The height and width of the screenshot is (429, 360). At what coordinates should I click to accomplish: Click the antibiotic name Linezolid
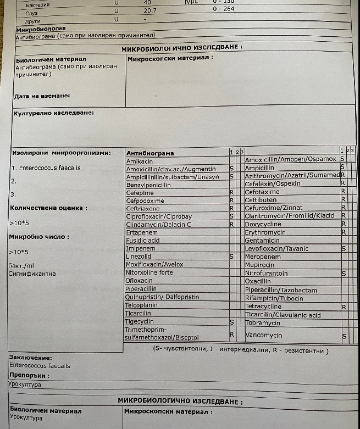click(x=139, y=257)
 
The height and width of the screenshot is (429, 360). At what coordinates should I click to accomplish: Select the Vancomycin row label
click(x=263, y=335)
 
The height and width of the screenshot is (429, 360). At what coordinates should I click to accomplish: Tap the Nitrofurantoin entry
click(x=267, y=273)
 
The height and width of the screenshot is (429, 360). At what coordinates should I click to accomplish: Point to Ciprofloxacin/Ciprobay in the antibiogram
click(x=159, y=216)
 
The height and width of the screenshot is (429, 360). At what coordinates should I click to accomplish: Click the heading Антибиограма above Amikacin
click(x=150, y=153)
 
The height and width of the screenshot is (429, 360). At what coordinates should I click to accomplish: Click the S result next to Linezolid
click(x=231, y=257)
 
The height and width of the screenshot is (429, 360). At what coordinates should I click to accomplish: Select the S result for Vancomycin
click(x=344, y=336)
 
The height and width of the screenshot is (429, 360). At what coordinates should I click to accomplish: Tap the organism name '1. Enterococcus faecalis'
click(x=46, y=168)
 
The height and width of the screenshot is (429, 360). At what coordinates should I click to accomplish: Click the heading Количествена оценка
click(x=48, y=208)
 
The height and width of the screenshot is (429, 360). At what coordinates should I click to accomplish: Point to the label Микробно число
click(x=39, y=237)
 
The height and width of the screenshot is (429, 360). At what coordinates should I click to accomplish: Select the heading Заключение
click(x=31, y=358)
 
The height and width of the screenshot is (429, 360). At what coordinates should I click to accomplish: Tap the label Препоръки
click(x=29, y=375)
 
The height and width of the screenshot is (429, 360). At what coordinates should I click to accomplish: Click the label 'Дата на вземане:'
click(x=42, y=96)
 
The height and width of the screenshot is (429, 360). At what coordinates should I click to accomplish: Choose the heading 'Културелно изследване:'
click(x=53, y=113)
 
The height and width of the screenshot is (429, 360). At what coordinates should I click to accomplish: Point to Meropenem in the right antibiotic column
click(x=263, y=257)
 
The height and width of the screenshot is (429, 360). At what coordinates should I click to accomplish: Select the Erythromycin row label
click(x=265, y=232)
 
